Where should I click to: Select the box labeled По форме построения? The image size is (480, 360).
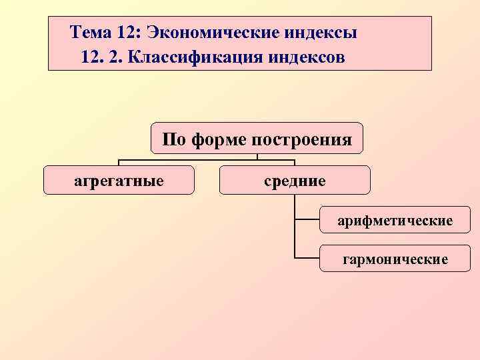(x=257, y=139)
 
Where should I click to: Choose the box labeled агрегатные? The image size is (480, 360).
(x=119, y=180)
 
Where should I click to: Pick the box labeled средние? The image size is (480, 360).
(x=295, y=180)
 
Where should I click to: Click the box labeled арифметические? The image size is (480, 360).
(x=395, y=219)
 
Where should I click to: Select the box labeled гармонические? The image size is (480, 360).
(x=395, y=257)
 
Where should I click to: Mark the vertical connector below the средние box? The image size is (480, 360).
(x=294, y=227)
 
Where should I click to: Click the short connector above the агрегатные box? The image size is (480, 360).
(x=119, y=163)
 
